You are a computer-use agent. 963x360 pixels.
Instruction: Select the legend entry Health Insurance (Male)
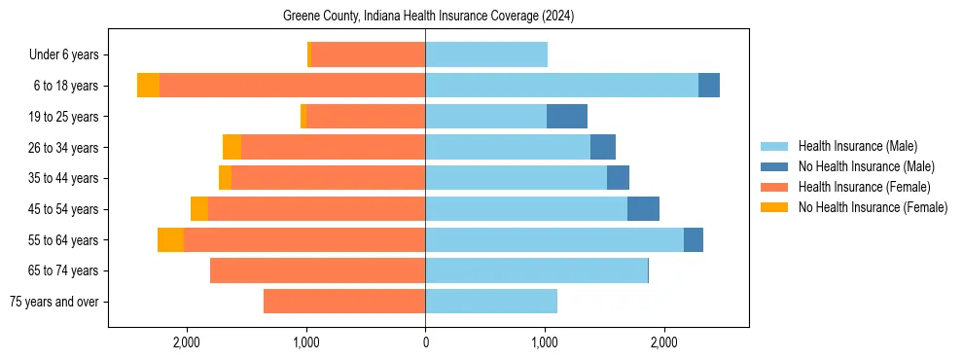(x=857, y=146)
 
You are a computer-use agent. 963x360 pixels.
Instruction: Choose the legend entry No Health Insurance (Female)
(x=873, y=207)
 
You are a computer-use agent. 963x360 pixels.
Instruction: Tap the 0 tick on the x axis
(x=425, y=342)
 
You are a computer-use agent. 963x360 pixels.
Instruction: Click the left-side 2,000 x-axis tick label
(x=187, y=342)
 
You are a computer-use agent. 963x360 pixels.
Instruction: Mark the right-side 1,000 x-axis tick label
(x=545, y=342)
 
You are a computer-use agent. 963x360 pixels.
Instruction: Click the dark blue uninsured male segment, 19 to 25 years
(x=567, y=117)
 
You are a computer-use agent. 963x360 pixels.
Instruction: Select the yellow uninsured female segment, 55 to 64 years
(x=170, y=240)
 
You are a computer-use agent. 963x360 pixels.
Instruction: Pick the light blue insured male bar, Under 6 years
(x=486, y=54)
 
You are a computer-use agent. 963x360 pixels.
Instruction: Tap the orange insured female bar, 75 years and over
(x=344, y=302)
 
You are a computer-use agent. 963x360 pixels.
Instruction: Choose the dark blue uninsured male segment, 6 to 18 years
(x=709, y=86)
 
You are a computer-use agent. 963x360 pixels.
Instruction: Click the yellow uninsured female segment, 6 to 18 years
(x=148, y=86)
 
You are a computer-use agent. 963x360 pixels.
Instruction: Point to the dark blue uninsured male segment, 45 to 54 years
(x=643, y=209)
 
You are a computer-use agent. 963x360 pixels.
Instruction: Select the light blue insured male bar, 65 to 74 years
(x=536, y=270)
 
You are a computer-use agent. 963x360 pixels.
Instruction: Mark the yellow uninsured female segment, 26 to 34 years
(x=232, y=147)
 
